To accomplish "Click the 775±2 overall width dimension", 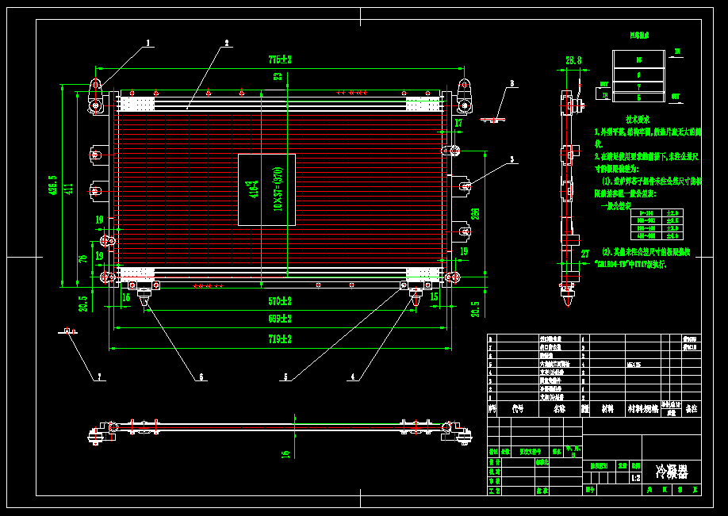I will (280, 59).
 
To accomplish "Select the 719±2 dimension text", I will (280, 339).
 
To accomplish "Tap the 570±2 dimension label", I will (280, 302).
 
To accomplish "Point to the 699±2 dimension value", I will (280, 320).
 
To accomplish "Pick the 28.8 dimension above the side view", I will (573, 60).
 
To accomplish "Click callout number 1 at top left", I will (148, 43).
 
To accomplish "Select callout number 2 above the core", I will (226, 43).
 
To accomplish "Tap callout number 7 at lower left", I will (100, 377).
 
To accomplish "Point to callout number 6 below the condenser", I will (201, 377).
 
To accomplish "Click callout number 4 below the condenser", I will (352, 377).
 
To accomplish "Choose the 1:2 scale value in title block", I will (635, 478).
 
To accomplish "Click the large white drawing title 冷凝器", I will (671, 472).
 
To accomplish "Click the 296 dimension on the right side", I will (475, 213).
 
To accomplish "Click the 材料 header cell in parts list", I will (607, 409).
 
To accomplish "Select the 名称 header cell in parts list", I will (560, 409).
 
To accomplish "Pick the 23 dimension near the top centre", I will (278, 76).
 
